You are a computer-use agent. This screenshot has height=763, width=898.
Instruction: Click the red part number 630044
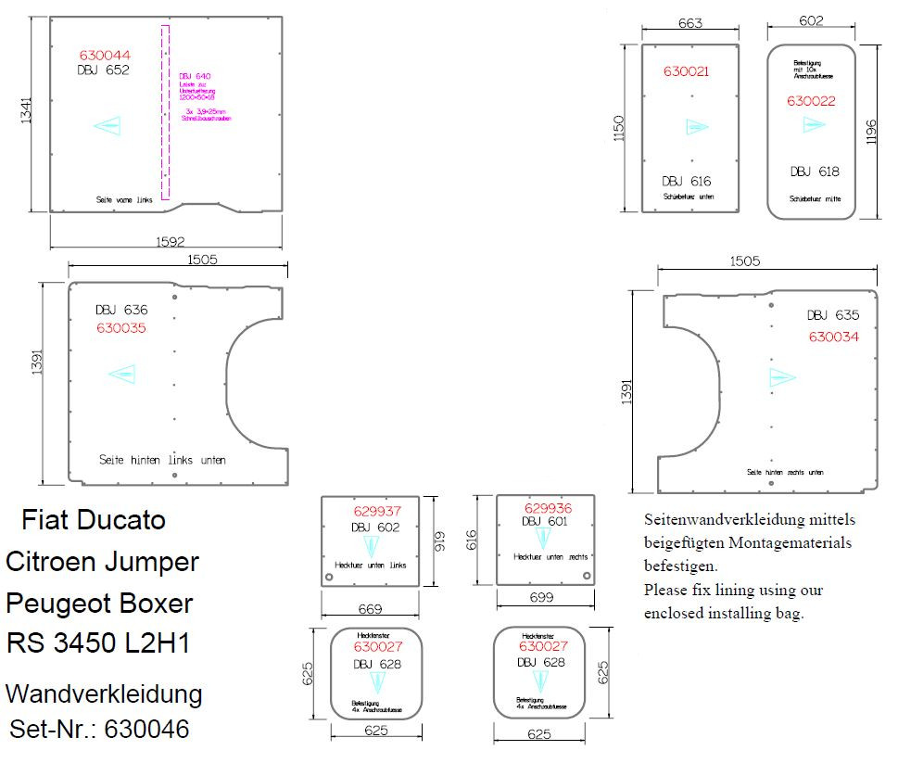105,55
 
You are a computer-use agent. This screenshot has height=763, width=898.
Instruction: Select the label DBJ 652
104,70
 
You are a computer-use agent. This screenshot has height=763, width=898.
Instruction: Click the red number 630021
687,71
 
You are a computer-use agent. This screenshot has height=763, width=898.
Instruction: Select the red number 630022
812,101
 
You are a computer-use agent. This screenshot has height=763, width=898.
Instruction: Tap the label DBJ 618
815,172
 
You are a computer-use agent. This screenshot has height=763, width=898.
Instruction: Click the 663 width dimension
690,24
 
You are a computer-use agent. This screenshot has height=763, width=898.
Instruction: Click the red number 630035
121,328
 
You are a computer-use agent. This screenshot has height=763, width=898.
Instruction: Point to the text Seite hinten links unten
162,460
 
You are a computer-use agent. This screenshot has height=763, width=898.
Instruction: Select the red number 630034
833,337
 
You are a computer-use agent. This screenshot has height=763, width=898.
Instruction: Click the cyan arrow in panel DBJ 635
782,376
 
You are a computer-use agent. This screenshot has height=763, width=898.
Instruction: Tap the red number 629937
377,511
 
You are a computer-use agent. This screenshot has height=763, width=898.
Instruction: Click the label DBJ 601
544,522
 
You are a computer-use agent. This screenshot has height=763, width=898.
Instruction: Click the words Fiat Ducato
94,519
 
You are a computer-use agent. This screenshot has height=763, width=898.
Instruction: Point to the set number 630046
147,730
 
